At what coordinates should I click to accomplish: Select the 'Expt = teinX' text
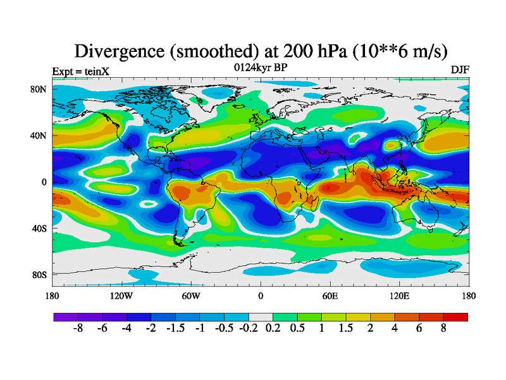tap(80, 71)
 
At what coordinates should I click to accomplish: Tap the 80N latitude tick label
tap(40, 89)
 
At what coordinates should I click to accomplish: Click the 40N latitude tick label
tap(40, 136)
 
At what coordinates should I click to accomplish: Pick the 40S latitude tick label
tap(40, 228)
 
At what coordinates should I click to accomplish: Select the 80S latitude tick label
tap(40, 275)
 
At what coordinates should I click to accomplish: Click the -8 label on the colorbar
tap(78, 329)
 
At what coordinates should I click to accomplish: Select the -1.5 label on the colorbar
tap(175, 329)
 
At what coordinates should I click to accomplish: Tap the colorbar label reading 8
tap(443, 329)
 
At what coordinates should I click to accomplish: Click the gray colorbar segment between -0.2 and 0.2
tap(261, 317)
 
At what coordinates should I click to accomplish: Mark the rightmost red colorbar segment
tap(455, 317)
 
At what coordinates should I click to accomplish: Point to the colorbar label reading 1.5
tap(346, 329)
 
